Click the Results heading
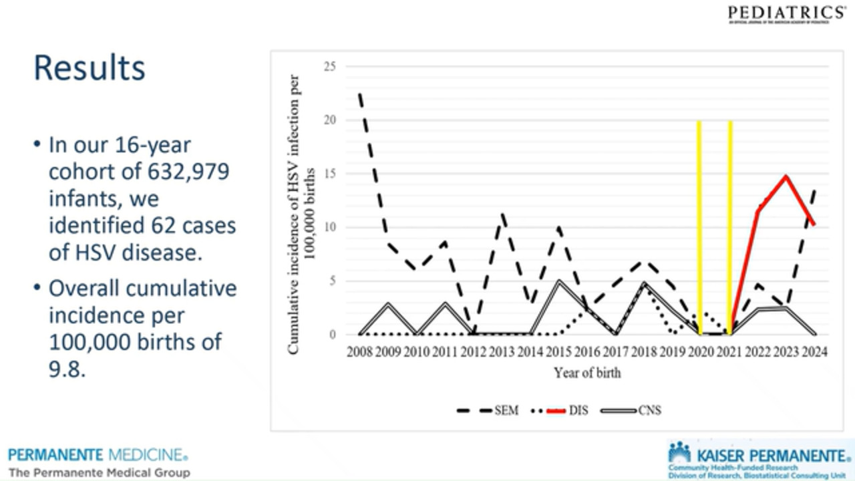pyautogui.click(x=90, y=68)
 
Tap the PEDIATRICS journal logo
pyautogui.click(x=786, y=13)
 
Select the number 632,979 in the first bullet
pyautogui.click(x=186, y=172)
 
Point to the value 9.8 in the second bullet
pyautogui.click(x=67, y=369)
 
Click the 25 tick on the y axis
pyautogui.click(x=330, y=66)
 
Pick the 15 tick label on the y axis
pyautogui.click(x=330, y=174)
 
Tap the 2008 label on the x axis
pyautogui.click(x=359, y=352)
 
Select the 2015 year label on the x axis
pyautogui.click(x=558, y=352)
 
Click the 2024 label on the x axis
pyautogui.click(x=814, y=352)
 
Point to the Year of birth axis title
pyautogui.click(x=587, y=373)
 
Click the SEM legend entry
pyautogui.click(x=506, y=410)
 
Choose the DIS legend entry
pyautogui.click(x=578, y=410)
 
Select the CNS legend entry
pyautogui.click(x=649, y=410)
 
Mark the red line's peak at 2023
pyautogui.click(x=786, y=176)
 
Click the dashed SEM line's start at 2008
pyautogui.click(x=360, y=95)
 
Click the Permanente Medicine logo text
pyautogui.click(x=98, y=456)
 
